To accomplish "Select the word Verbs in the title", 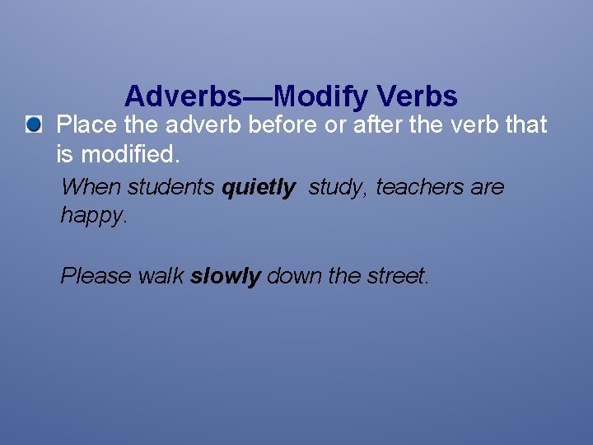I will [x=418, y=97].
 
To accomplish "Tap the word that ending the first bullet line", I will [x=525, y=125].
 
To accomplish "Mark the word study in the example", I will [x=339, y=188].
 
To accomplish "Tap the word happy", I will [x=93, y=216].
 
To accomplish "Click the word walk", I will [x=161, y=275].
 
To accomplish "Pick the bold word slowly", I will [x=226, y=276].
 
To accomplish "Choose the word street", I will [x=396, y=275].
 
